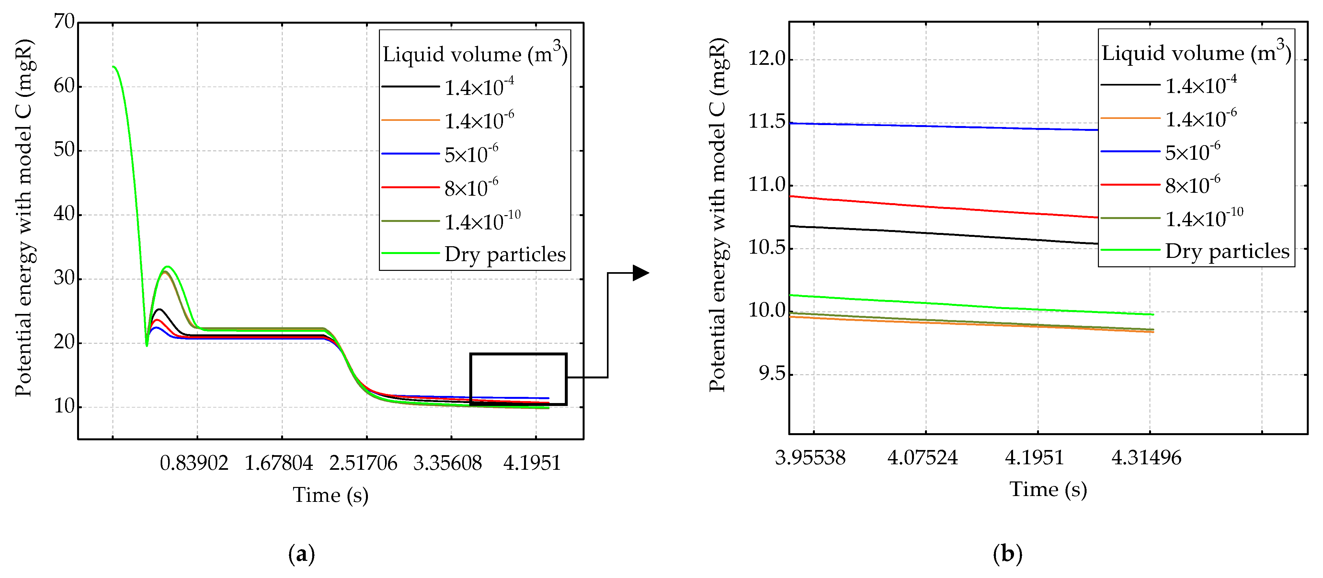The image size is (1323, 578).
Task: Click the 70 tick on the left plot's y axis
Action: click(x=64, y=22)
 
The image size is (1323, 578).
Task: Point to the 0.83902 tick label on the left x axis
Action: click(x=194, y=463)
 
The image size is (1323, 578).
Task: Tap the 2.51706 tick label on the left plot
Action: click(x=363, y=463)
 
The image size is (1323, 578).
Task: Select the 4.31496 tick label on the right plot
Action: click(x=1146, y=457)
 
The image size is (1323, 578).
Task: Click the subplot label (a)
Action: click(x=302, y=554)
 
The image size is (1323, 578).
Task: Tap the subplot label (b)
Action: click(x=1007, y=554)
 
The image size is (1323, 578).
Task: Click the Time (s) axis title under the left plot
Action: click(x=330, y=495)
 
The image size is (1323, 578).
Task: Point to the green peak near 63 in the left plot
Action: click(x=114, y=67)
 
